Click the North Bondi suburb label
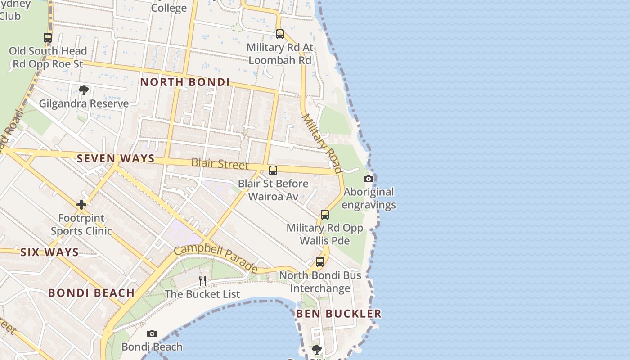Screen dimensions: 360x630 pos(185,82)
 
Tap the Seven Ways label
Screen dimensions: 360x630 pos(116,158)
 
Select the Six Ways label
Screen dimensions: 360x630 pos(49,252)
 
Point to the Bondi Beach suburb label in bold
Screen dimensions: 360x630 pos(91,293)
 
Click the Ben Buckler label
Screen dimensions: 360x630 pos(339,314)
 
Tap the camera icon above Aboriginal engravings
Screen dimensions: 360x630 pos(369,179)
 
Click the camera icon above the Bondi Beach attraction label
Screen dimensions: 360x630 pos(152,333)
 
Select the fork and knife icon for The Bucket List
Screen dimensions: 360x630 pos(202,281)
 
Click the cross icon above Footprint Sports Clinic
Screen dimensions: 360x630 pos(81,205)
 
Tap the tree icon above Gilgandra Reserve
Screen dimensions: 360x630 pos(83,90)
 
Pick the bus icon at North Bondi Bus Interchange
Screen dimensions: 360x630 pos(320,261)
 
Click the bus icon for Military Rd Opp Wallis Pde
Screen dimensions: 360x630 pos(325,215)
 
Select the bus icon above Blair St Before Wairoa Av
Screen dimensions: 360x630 pos(273,171)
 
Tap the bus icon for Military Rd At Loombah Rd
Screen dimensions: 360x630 pos(280,34)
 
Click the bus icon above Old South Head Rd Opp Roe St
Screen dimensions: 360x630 pos(48,38)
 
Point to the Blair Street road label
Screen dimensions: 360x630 pos(220,163)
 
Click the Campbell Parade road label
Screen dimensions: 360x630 pos(216,258)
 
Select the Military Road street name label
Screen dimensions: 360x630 pos(323,143)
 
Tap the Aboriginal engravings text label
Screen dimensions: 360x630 pos(369,198)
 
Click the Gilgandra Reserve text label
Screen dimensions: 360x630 pos(84,103)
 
